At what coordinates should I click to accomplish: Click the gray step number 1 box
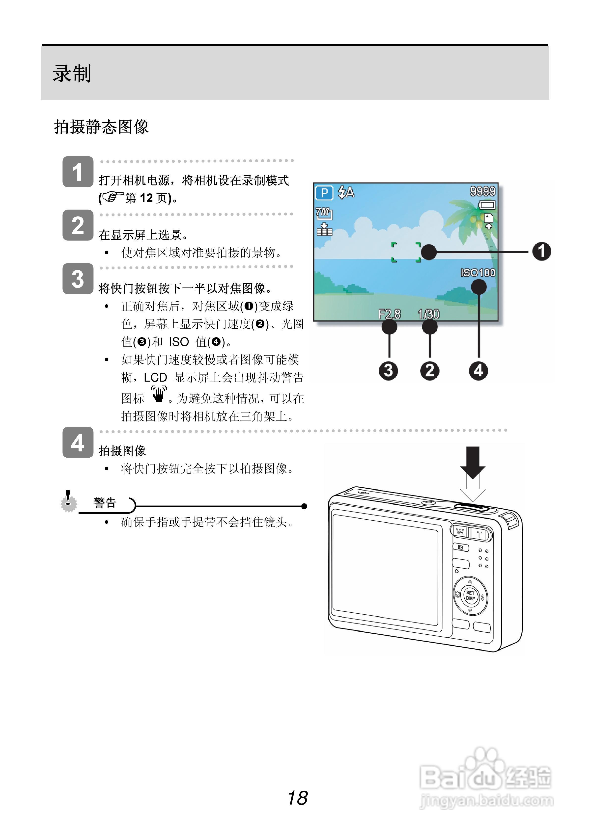[x=78, y=172]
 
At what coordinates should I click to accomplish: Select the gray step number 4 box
[x=78, y=443]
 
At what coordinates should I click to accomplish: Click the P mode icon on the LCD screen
[x=324, y=192]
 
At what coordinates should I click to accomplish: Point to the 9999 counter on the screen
[x=482, y=191]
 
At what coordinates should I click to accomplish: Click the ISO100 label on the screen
[x=478, y=272]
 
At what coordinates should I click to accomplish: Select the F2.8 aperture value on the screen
[x=389, y=314]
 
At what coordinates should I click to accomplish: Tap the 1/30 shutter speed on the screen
[x=429, y=314]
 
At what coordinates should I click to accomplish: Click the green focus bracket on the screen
[x=406, y=252]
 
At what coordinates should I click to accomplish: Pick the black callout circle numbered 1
[x=541, y=251]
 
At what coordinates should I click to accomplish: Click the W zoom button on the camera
[x=460, y=532]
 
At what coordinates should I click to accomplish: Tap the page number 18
[x=297, y=798]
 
